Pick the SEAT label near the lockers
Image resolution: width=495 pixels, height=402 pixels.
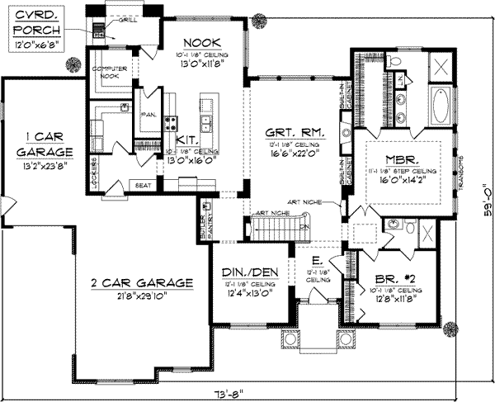click(x=143, y=186)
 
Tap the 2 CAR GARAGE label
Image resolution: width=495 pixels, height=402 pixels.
click(x=142, y=282)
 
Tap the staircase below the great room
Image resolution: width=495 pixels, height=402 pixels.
click(x=271, y=227)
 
